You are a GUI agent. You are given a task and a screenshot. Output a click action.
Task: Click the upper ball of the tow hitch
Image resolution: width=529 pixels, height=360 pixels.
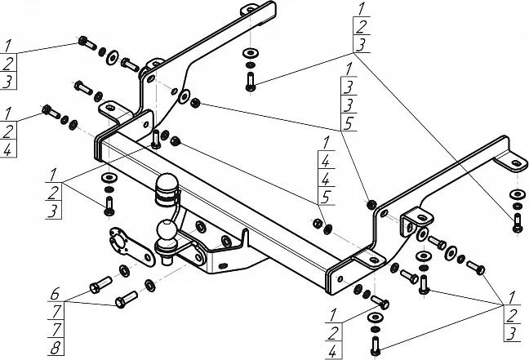[x=167, y=184]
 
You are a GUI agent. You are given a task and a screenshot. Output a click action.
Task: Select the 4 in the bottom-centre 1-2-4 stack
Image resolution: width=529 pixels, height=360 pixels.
[x=334, y=352]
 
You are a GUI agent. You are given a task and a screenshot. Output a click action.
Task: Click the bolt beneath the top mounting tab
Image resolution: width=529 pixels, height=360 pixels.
[x=250, y=82]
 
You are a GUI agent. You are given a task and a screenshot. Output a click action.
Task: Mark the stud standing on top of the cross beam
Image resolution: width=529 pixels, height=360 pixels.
[x=155, y=136]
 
